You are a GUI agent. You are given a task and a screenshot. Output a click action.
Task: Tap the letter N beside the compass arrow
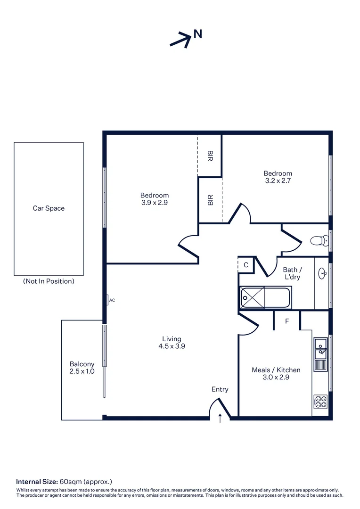coord(198,34)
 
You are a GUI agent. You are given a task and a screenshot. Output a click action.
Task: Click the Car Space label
coord(49,208)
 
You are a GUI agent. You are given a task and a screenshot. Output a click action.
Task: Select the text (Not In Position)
coord(49,281)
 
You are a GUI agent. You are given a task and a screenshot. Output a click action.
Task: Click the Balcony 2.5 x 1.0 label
coord(82,368)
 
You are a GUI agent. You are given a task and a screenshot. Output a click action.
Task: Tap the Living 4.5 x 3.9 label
coord(172,343)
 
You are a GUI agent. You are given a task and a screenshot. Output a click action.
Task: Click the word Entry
coord(220,389)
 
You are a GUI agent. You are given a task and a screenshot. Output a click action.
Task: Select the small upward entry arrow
coord(220,418)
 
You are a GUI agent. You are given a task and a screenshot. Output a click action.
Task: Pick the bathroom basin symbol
coord(323,272)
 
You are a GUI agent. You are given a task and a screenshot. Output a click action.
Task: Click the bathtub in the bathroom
coord(265,297)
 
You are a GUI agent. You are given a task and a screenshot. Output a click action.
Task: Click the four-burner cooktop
coord(320,402)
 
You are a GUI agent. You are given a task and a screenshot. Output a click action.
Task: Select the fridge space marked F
coord(287,321)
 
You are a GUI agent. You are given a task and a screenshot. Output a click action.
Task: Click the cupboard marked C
coord(246,265)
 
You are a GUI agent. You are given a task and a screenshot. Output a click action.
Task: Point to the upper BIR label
coord(210,156)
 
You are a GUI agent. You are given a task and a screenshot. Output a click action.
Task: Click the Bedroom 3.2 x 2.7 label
coord(278,177)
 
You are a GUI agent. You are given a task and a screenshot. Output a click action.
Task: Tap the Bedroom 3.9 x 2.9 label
coord(154,199)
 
